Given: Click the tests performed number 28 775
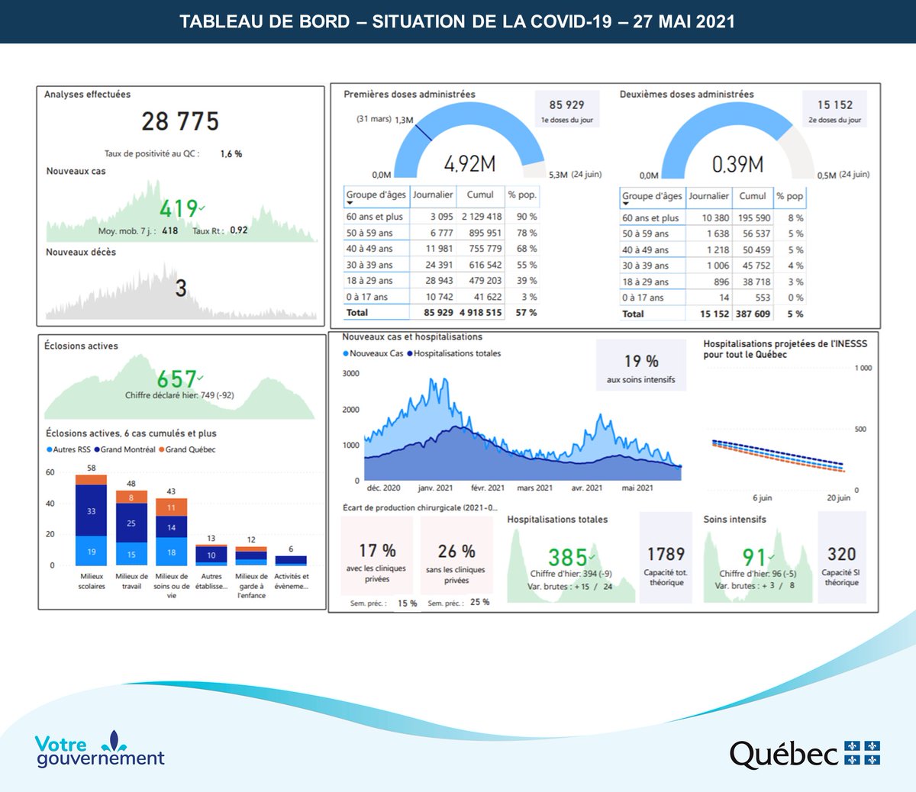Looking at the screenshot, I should click(180, 121).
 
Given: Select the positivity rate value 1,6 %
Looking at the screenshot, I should click(231, 154).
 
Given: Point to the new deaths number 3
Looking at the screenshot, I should click(181, 288).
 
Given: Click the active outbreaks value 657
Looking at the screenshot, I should click(176, 379).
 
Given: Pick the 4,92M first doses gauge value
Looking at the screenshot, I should click(469, 164).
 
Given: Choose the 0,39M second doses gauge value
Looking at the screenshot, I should click(737, 164).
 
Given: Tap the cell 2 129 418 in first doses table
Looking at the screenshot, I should click(481, 217).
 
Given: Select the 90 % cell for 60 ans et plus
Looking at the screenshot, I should click(527, 217).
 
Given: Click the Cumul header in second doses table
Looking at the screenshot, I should click(752, 196).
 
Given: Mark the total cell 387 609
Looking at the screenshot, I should click(753, 314).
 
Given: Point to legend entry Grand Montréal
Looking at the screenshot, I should click(127, 449).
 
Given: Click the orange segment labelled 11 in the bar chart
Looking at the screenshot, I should click(171, 507).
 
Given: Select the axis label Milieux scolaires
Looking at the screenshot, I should click(92, 581).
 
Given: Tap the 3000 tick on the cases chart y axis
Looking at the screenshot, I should click(350, 373).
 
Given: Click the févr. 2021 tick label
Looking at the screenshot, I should click(487, 488).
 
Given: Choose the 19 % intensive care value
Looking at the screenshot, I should click(641, 362).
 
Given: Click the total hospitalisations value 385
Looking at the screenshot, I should click(568, 558).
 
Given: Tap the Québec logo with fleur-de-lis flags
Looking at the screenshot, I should click(805, 754).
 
